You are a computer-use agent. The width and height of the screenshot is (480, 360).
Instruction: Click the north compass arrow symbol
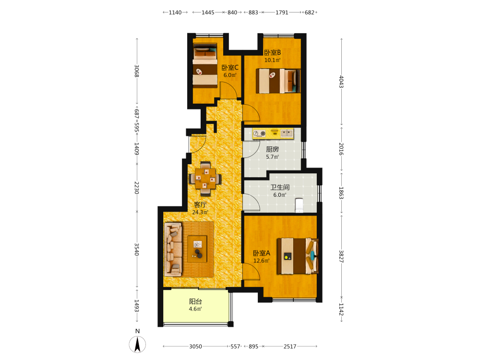(x=137, y=344)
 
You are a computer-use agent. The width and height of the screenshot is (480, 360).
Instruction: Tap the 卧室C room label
(x=230, y=68)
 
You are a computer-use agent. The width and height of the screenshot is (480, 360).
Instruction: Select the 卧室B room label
(x=273, y=53)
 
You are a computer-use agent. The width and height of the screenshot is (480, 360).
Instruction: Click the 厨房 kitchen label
(x=273, y=149)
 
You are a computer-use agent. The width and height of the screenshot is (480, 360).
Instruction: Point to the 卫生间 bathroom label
(x=280, y=187)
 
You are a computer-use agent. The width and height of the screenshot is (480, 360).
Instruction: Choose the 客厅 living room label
(x=200, y=204)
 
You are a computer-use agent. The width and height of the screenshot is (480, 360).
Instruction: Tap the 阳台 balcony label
(x=195, y=301)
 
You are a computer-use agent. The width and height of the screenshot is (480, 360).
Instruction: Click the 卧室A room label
(x=262, y=253)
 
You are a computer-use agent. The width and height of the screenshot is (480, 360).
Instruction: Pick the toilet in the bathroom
(x=299, y=205)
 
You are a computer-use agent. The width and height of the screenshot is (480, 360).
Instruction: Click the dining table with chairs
(x=205, y=179)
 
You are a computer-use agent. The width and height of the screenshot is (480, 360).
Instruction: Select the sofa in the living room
(x=173, y=249)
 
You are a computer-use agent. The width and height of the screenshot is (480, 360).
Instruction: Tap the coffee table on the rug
(x=197, y=249)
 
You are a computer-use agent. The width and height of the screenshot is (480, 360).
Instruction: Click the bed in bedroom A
(x=298, y=256)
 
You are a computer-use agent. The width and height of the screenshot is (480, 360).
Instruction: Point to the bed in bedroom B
(x=278, y=81)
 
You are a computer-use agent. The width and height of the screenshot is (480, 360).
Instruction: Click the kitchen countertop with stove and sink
(x=273, y=133)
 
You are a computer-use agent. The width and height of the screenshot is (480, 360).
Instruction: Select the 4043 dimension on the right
(x=341, y=82)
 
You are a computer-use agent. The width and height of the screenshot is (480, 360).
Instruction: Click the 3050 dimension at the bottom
(x=195, y=347)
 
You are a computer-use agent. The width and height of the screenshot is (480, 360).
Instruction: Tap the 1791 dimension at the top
(x=282, y=12)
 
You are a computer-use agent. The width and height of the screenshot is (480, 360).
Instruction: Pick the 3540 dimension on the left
(x=137, y=250)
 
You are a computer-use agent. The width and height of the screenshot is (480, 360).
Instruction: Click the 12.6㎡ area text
(x=262, y=261)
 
